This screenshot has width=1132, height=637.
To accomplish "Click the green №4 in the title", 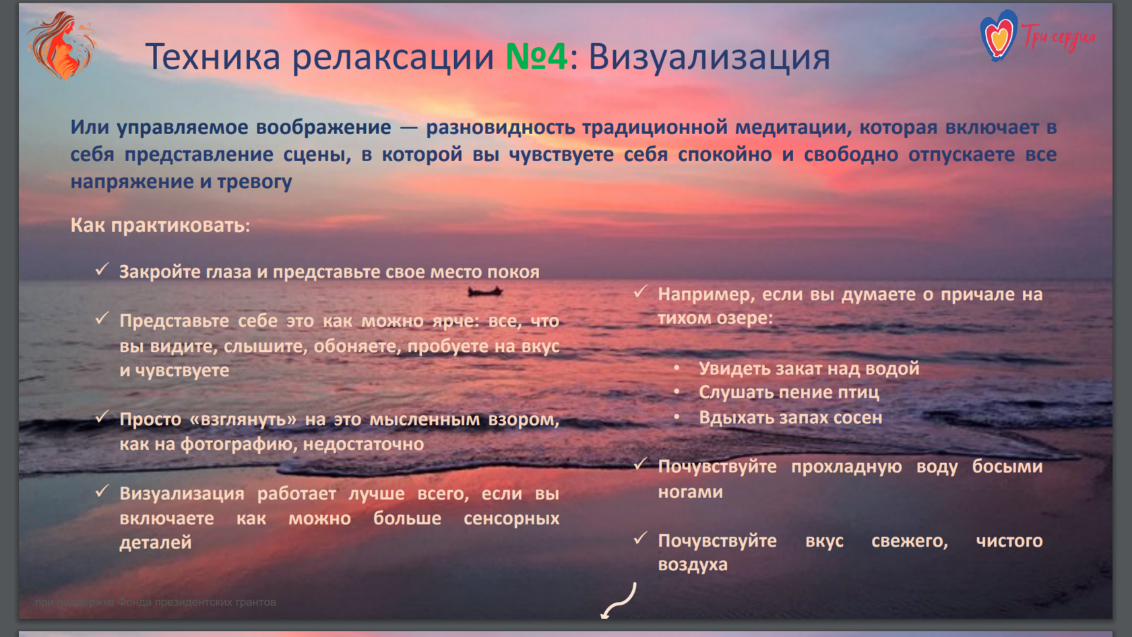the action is point(536,57).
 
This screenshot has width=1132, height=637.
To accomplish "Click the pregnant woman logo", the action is point(62,46).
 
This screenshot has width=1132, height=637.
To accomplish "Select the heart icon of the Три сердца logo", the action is point(999,35).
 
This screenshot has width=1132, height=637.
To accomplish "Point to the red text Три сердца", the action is point(1058,36).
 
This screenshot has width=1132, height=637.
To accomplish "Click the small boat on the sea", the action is point(484,291).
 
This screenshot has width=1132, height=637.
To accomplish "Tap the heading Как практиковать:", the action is point(160,225).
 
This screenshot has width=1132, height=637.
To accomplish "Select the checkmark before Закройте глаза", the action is point(102,269).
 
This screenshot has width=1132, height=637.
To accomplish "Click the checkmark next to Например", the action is point(640,292).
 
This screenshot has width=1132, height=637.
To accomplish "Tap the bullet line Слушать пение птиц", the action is point(788,392).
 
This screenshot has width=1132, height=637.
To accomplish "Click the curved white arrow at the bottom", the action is point(619,601).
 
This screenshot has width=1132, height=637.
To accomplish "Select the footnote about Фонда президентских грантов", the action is point(156,602).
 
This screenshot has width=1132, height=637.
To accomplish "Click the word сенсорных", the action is point(511,519).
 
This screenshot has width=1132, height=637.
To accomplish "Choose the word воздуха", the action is point(693,565).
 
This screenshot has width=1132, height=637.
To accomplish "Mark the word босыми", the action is point(1007,466).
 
